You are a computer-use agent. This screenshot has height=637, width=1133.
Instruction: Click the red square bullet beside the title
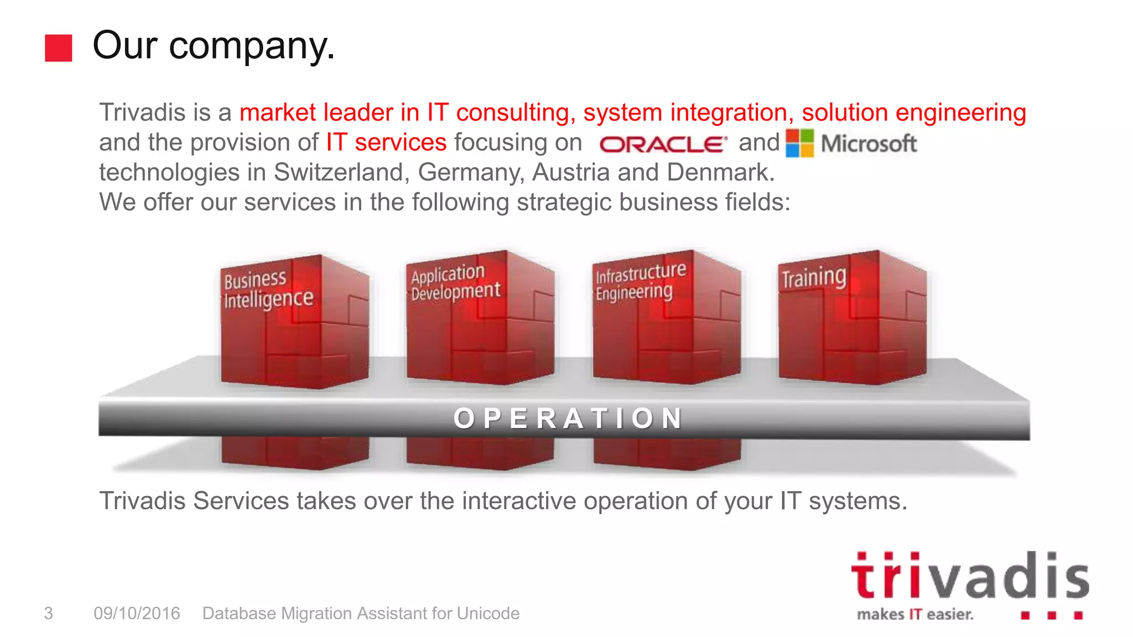[58, 48]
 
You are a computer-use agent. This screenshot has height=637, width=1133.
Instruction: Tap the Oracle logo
[662, 144]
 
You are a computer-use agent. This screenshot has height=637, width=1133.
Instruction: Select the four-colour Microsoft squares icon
[799, 143]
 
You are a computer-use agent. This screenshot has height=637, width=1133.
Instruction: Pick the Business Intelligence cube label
[268, 289]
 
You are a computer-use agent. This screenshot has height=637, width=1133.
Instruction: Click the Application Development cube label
[455, 283]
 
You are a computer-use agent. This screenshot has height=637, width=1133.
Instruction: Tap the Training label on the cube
[813, 277]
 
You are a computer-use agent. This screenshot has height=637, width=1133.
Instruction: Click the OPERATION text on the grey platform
[569, 418]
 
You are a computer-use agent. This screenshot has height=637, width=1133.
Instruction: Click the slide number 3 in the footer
[49, 613]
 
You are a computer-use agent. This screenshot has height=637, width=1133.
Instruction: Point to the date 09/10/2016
[137, 613]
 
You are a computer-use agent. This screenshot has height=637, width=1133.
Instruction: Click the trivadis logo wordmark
[969, 576]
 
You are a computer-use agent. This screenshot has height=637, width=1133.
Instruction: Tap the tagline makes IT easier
[914, 614]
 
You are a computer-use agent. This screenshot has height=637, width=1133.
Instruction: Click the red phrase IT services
[386, 143]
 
